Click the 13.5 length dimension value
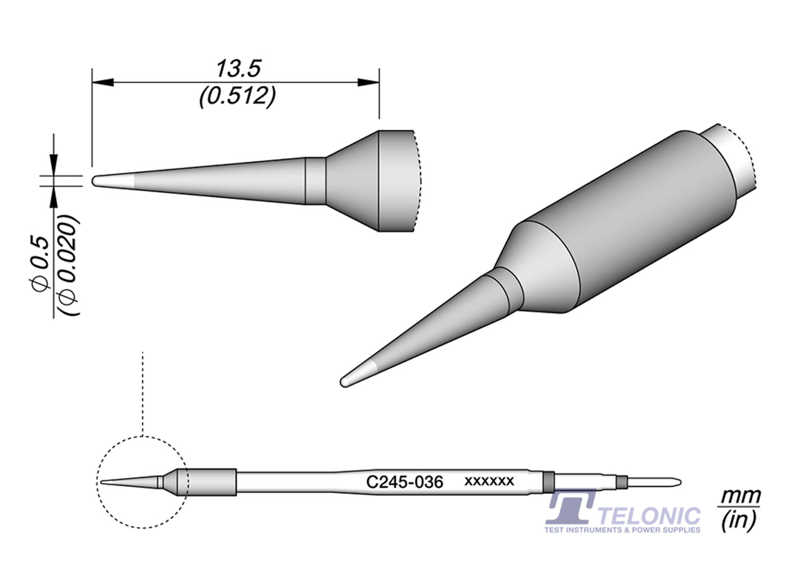coord(238,69)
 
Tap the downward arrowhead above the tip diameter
coord(54,165)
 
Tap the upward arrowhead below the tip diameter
coord(54,197)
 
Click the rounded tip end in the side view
coord(95,181)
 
